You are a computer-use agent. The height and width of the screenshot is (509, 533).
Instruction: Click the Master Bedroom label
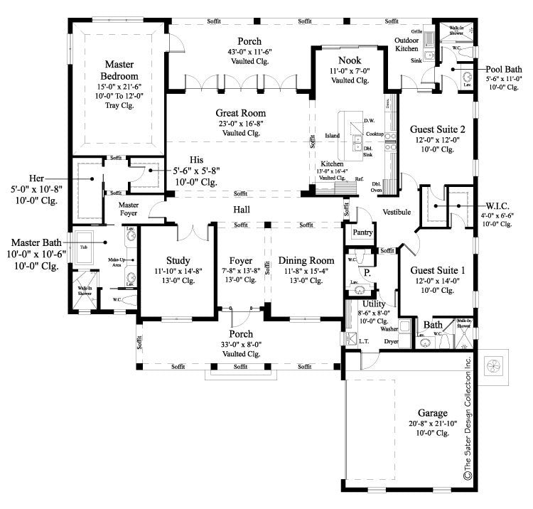(x=119, y=70)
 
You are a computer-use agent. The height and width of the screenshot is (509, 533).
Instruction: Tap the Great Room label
(x=241, y=112)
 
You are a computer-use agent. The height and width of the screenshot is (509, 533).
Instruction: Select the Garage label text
(x=432, y=412)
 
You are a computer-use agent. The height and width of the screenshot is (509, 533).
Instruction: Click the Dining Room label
(x=306, y=260)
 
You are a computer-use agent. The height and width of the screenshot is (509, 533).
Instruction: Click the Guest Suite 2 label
(x=437, y=129)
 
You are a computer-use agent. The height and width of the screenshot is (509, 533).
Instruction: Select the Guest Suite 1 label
(x=437, y=270)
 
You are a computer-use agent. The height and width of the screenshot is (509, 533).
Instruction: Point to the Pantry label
(x=358, y=232)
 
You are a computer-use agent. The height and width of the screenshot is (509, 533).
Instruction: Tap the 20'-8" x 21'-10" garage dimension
(x=432, y=423)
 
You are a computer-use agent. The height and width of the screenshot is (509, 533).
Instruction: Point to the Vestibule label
(x=397, y=211)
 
